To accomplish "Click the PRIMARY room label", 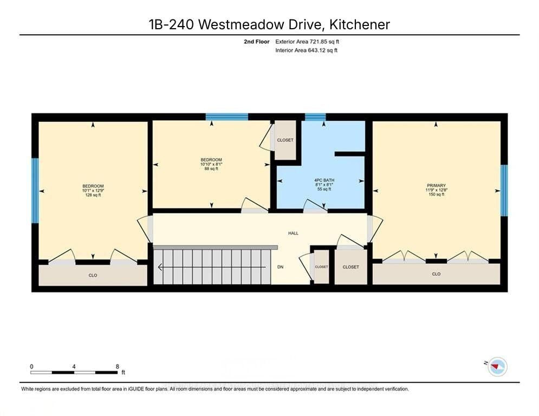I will (436, 186).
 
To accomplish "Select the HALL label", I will (293, 233).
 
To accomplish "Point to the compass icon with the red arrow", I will (497, 367).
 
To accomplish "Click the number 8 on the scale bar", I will (117, 366).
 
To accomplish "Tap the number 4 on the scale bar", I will (74, 366).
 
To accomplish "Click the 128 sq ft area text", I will (93, 195).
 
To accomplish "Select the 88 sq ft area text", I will (211, 168).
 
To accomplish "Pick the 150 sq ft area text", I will (436, 194).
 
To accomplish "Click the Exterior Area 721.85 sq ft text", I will (308, 41).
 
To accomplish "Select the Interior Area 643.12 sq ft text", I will (307, 50).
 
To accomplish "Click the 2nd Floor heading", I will (256, 41).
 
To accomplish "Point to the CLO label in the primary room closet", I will (436, 274).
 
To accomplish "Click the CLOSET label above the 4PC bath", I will (285, 140).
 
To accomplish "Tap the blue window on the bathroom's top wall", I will (315, 116).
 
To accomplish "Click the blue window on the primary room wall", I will (504, 190).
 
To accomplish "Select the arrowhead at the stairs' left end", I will (160, 266).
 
